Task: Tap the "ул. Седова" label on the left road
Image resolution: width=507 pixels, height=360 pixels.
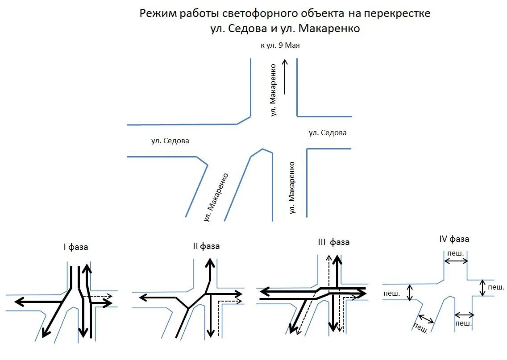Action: point(170,141)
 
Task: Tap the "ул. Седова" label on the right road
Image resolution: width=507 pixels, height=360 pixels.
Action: point(328,133)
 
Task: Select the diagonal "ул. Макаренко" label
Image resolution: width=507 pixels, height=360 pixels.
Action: point(216,197)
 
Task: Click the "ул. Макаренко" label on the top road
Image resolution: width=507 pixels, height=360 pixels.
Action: point(274,90)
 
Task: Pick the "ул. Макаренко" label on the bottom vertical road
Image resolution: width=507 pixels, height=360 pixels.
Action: point(292,187)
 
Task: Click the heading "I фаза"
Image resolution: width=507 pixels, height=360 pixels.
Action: point(75,247)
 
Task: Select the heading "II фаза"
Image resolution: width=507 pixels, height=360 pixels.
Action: point(206,246)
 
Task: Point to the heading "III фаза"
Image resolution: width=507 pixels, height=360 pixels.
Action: point(333,242)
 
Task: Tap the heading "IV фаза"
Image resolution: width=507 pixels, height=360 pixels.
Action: point(454,239)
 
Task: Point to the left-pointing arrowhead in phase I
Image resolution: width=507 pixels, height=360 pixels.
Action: point(19,302)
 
